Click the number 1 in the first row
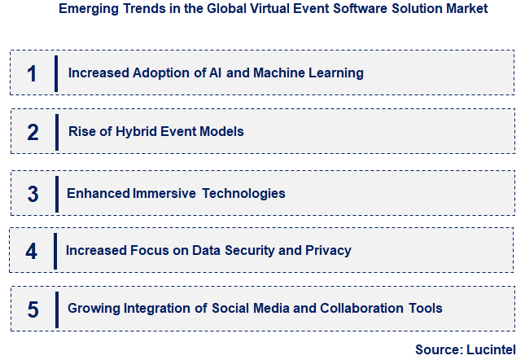coord(32,73)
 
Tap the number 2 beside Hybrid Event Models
coord(33,132)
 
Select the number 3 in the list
coord(33,194)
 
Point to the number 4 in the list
coord(32,251)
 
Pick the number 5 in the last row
coord(33,309)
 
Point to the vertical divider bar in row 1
coord(55,73)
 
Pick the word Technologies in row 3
coord(243,194)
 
